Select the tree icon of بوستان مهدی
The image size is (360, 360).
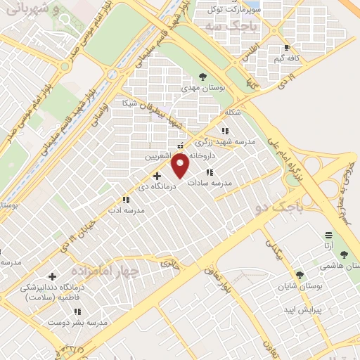202,76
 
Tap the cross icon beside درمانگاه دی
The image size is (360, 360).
156,175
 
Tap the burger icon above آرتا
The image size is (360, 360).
328,235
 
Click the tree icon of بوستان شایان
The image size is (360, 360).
300,274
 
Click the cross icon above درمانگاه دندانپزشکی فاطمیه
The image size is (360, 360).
52,277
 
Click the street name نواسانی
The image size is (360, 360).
99,115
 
